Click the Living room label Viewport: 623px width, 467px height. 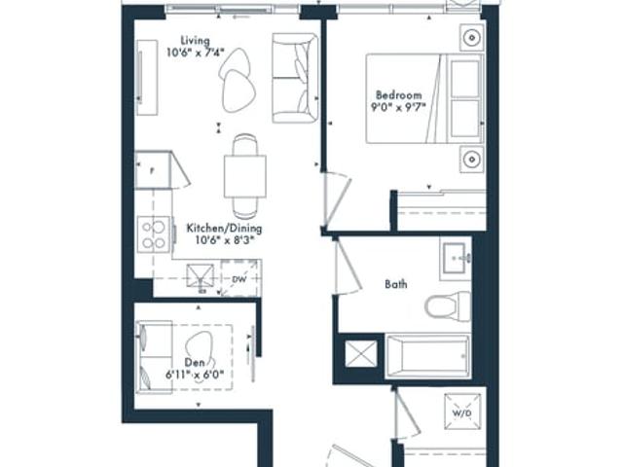[x=195, y=41]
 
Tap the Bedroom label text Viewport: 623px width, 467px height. [x=398, y=95]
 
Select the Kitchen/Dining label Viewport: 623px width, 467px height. [x=225, y=229]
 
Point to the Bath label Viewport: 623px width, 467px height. [x=396, y=284]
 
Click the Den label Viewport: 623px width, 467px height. [x=195, y=362]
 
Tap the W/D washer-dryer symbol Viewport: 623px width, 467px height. [x=462, y=412]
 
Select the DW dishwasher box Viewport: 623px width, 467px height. [x=239, y=278]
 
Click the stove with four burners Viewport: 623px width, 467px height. [x=154, y=234]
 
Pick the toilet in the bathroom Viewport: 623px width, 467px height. [x=448, y=306]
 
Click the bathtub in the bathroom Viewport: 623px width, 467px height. [x=427, y=356]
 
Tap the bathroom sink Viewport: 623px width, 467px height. [x=456, y=259]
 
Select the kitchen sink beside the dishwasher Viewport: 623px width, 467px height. [x=201, y=275]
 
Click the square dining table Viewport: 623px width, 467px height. [x=244, y=177]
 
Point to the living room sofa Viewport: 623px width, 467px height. [x=295, y=78]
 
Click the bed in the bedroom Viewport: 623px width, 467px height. [x=424, y=98]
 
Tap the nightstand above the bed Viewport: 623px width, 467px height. [x=472, y=38]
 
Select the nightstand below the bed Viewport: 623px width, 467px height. [x=472, y=160]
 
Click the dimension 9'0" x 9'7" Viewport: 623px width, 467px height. [x=398, y=107]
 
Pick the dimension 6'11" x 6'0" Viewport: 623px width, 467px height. [x=195, y=374]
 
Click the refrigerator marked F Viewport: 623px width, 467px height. [x=153, y=170]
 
